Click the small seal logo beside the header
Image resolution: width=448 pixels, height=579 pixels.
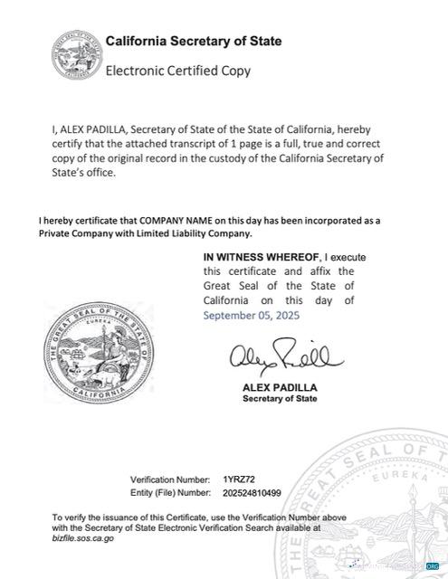[77, 53]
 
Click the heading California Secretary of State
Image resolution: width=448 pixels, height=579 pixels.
[194, 42]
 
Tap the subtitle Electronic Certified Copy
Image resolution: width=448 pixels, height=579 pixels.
[178, 70]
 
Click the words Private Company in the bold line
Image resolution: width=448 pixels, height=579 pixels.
[75, 233]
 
